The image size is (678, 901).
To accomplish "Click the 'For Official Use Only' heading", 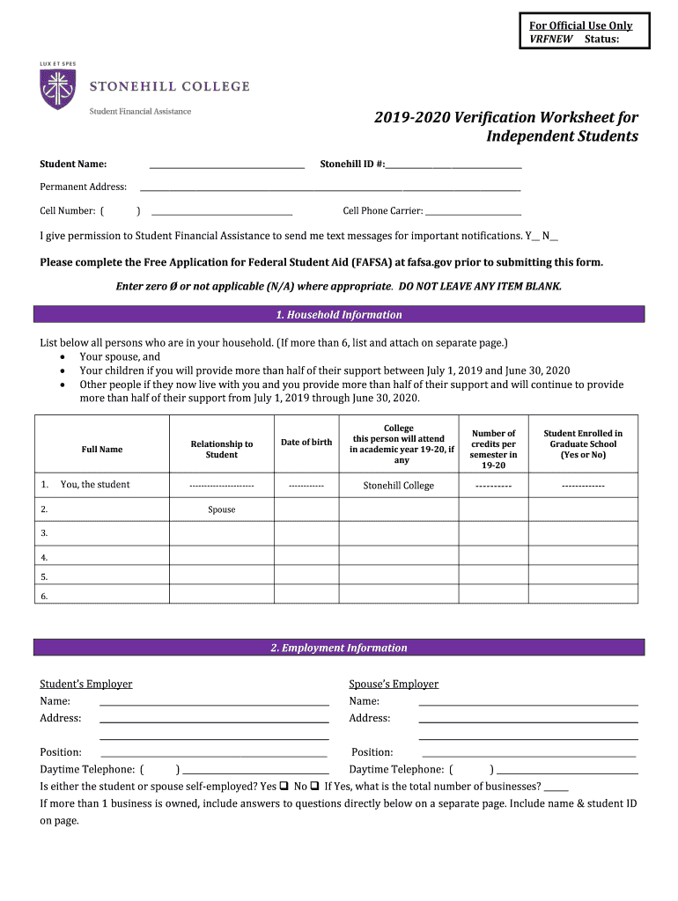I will pyautogui.click(x=580, y=26).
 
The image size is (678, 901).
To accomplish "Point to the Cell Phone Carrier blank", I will pyautogui.click(x=473, y=213).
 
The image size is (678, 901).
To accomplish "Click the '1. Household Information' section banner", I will pyautogui.click(x=339, y=315).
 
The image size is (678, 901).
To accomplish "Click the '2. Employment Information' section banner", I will pyautogui.click(x=339, y=648).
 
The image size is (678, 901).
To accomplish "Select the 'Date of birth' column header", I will pyautogui.click(x=306, y=443).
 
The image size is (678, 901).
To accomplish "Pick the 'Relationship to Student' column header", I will pyautogui.click(x=222, y=450).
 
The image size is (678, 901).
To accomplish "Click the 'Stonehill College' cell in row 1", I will pyautogui.click(x=399, y=486).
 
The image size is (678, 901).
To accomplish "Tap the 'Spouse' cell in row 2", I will pyautogui.click(x=222, y=509).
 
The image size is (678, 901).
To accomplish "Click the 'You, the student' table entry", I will pyautogui.click(x=94, y=485).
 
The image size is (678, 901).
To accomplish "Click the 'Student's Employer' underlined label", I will pyautogui.click(x=86, y=685).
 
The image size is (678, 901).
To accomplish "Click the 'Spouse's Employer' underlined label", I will pyautogui.click(x=394, y=685).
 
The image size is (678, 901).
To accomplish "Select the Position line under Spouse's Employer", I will pyautogui.click(x=528, y=754).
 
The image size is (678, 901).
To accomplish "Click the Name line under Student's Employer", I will pyautogui.click(x=214, y=703).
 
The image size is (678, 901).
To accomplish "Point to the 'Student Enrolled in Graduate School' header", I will pyautogui.click(x=583, y=443).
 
